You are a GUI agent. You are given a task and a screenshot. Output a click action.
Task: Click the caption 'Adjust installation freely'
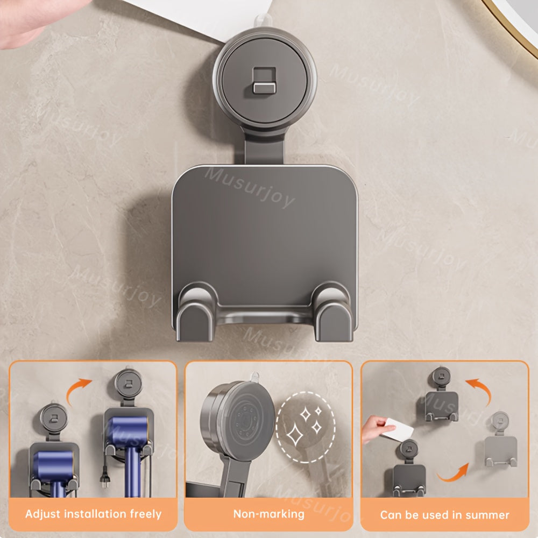pyautogui.click(x=93, y=514)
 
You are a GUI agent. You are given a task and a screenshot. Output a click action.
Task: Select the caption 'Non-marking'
pyautogui.click(x=268, y=514)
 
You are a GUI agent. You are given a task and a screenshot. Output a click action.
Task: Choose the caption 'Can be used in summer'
pyautogui.click(x=444, y=515)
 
